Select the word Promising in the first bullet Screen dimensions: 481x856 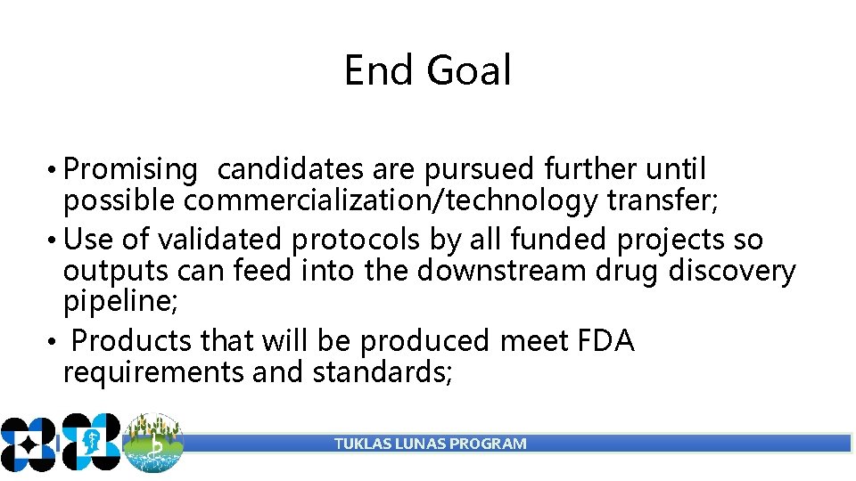tap(131, 169)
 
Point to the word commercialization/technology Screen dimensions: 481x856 tap(391, 201)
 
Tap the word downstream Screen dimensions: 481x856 tap(481, 270)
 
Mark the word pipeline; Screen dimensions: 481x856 tap(120, 302)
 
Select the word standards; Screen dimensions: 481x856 tap(384, 371)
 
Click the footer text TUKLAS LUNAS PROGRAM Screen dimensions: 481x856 tap(430, 444)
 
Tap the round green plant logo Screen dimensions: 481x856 tap(153, 443)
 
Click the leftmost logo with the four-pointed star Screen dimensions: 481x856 tap(27, 443)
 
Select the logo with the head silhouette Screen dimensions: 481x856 tap(90, 442)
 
